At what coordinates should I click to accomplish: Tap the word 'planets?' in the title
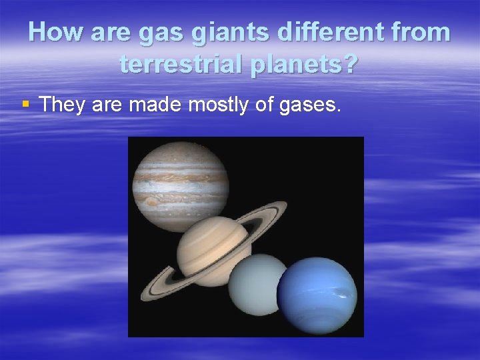307,64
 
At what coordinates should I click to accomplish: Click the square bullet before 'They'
25,104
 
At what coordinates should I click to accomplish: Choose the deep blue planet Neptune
317,293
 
